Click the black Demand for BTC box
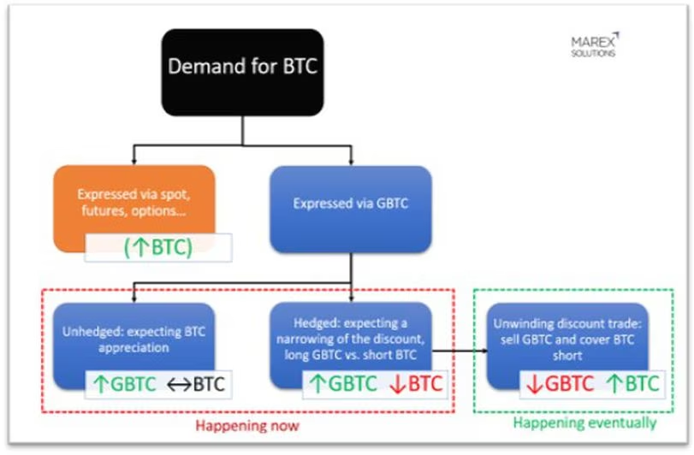(242, 68)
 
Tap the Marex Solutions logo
(593, 45)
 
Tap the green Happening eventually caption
(585, 422)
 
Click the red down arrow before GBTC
(535, 384)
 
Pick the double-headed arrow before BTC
(177, 384)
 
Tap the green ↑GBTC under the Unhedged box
(124, 384)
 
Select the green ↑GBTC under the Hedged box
(341, 384)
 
